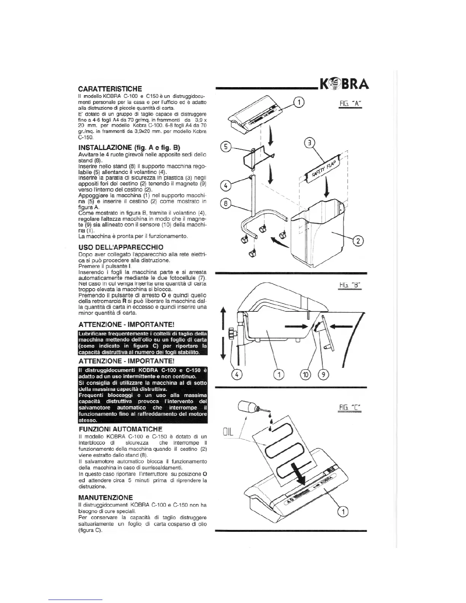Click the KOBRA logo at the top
point(344,84)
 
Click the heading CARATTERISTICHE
point(110,89)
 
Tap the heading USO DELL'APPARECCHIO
point(120,247)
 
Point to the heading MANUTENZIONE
point(105,498)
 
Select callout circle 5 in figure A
point(226,147)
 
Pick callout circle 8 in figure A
point(226,204)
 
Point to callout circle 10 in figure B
point(306,375)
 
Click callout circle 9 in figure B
point(324,375)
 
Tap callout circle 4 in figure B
point(237,375)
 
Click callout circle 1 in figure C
point(343,511)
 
